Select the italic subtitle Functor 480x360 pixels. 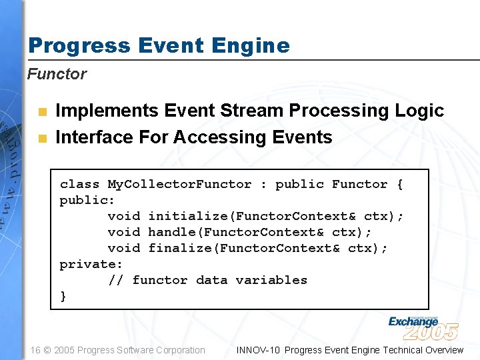pos(57,74)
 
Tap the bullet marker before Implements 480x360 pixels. pos(42,111)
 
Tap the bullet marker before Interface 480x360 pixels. pos(42,139)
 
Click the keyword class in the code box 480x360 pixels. pos(79,184)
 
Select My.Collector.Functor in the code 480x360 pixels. pos(179,184)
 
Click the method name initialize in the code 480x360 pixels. pos(188,216)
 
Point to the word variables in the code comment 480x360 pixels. pos(271,280)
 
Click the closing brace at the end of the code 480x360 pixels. pos(63,297)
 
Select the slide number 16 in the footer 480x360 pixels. pos(36,350)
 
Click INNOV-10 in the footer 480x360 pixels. pos(258,350)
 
